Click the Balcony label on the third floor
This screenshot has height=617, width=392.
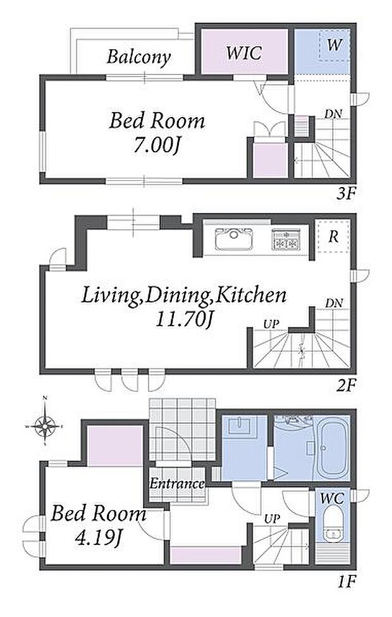138,58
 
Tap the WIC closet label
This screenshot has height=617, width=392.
244,52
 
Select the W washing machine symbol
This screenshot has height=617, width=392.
334,45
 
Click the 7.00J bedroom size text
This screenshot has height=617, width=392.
157,146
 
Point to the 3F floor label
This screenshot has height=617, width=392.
346,194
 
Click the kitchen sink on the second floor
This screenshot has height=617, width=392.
234,239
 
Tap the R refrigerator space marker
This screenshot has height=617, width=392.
333,237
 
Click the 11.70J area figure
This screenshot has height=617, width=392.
184,319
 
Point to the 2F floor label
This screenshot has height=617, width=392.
346,386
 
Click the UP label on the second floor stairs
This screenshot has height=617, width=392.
271,324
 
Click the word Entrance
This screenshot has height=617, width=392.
176,483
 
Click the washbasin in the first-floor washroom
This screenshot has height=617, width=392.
240,425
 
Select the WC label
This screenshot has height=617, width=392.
332,499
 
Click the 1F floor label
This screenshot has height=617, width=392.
346,581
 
